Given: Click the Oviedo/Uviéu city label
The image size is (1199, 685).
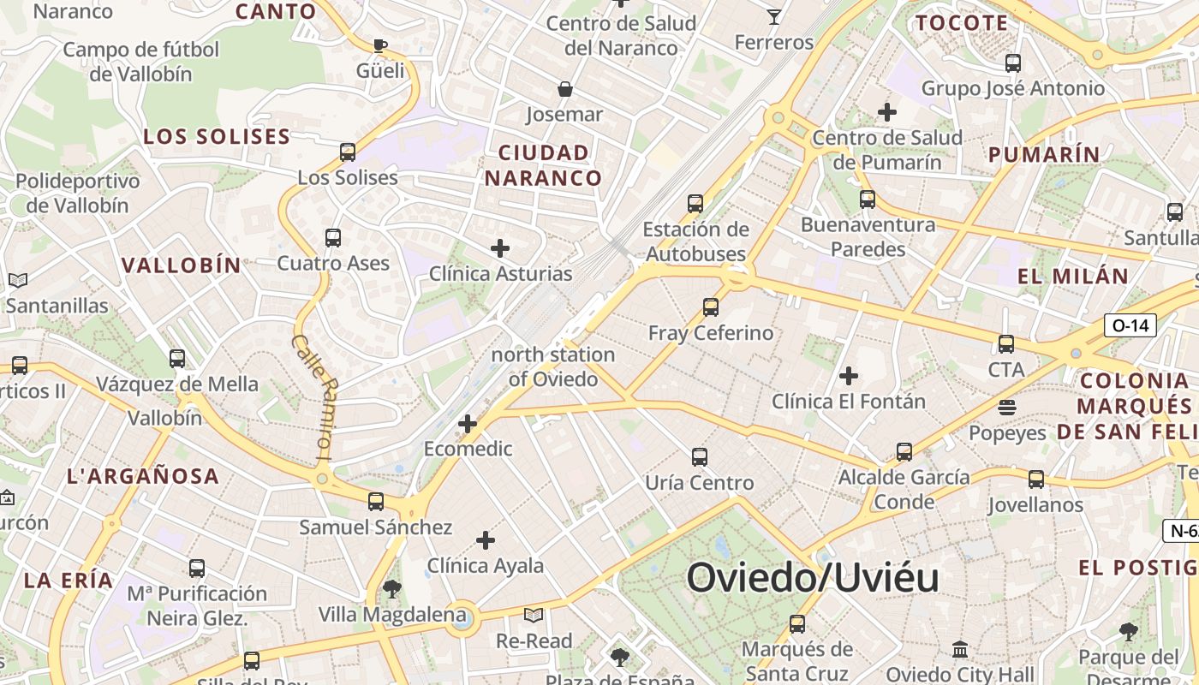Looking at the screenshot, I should pos(812,578).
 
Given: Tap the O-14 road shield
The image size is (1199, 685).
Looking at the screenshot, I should pos(1130,325).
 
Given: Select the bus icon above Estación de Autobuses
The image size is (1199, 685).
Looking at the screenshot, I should pos(695,204).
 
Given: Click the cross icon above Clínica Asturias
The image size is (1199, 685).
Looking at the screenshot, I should pos(500,248).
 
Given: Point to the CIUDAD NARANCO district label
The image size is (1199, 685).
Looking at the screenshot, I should pos(544,165).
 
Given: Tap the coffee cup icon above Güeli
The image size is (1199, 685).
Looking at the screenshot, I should pos(380,45).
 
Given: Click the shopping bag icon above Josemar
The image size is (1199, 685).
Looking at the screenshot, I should pos(565,88).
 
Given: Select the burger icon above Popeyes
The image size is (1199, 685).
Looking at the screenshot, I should pos(1007,408).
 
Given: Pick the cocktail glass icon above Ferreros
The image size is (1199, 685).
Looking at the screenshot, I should pos(774,16).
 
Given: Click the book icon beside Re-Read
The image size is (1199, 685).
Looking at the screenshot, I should pos(534,615).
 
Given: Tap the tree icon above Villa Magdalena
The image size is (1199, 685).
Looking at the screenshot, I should pos(392,589).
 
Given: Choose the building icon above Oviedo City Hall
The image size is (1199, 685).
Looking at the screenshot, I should pos(960,649).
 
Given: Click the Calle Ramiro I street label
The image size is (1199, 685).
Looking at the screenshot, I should pos(312,396).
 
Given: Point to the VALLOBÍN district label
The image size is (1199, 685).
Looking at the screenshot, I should pos(182,265).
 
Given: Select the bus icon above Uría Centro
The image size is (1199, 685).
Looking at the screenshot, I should pos(700,457).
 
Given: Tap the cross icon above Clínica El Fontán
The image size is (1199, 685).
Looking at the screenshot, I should pos(849,376).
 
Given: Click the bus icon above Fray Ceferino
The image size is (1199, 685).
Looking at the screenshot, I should pos(710,307).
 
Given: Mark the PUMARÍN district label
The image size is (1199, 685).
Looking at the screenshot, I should pos(1044,155).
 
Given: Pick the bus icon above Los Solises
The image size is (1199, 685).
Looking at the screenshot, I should pos(348,152).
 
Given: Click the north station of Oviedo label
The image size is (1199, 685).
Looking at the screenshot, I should pos(553,366).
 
